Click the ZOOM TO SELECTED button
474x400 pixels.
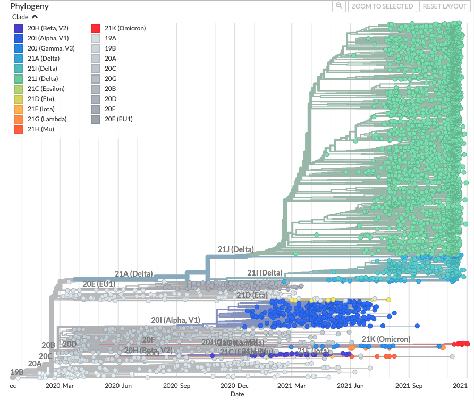[383, 6]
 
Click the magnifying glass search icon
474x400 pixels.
[339, 6]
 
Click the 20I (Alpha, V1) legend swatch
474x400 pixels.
[19, 38]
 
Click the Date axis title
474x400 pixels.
[237, 394]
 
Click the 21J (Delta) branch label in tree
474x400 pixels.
[235, 249]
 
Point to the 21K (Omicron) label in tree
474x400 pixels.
[386, 339]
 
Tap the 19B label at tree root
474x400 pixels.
[17, 372]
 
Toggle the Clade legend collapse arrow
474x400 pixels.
[35, 16]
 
